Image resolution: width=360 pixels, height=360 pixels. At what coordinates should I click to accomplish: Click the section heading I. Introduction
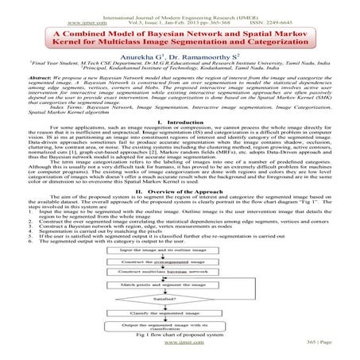pos(180,122)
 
